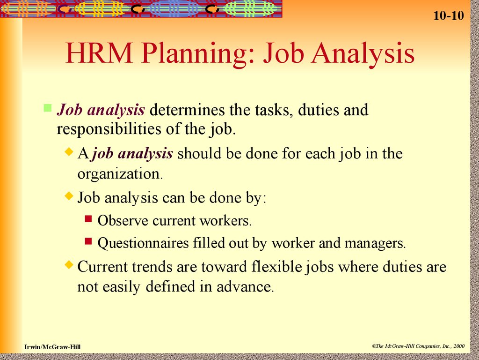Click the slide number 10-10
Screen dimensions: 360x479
448,16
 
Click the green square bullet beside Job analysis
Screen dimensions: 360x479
47,109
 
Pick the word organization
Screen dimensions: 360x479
119,174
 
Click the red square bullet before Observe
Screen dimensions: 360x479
89,218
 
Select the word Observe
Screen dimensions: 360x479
123,220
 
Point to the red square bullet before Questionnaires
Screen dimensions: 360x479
89,241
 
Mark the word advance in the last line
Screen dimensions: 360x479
243,287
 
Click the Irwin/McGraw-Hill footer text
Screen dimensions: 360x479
52,346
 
